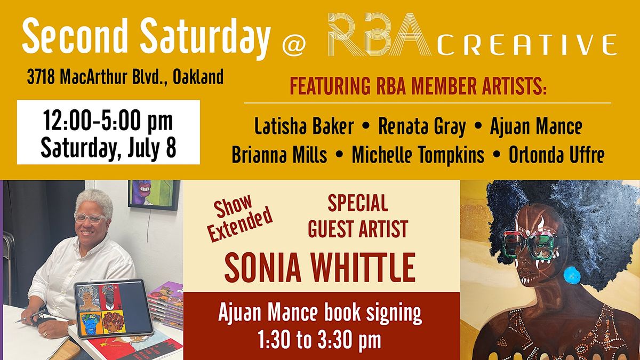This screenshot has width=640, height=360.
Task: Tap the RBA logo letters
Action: coord(380,34)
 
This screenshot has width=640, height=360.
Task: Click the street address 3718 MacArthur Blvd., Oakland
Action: coord(125,77)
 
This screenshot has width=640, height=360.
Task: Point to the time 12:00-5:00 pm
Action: coord(108,122)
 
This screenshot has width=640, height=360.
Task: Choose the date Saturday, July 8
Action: coord(108,148)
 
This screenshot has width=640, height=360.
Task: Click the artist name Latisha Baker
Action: coord(304,126)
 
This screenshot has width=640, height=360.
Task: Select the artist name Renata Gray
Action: coord(422,127)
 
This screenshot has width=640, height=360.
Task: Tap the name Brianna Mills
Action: coord(279,155)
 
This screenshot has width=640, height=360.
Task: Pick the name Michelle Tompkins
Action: coord(418,156)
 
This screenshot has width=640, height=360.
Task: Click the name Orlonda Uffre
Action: coord(557,155)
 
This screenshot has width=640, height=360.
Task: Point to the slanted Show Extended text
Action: coord(239,217)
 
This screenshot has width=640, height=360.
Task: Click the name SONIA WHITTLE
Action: coord(320,268)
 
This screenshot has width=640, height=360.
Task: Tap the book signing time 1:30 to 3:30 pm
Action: coord(319,340)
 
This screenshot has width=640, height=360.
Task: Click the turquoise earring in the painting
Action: coord(572,275)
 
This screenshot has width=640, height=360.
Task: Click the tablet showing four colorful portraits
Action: coord(114,309)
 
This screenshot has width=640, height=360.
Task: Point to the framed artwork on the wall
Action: coord(154,195)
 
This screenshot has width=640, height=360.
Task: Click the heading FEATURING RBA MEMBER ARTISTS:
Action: coord(418,86)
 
